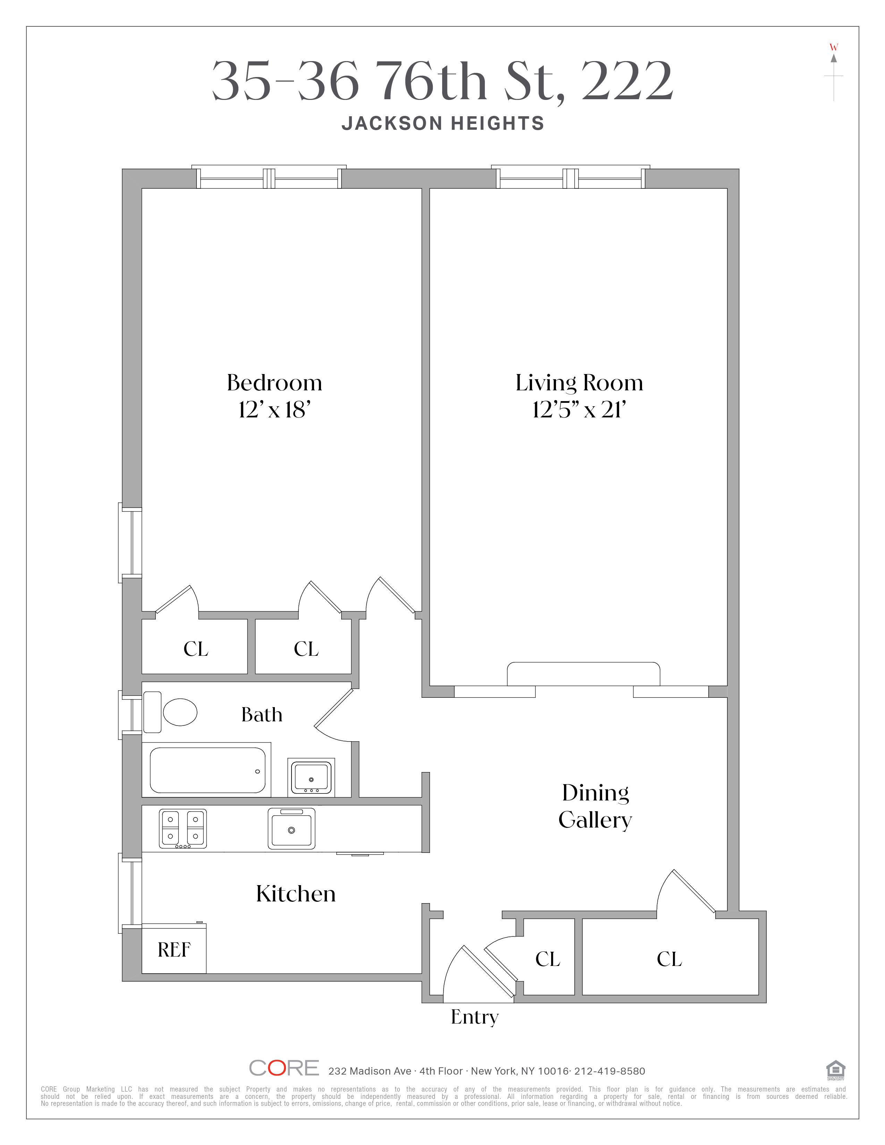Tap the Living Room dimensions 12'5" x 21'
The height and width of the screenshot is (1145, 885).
(579, 410)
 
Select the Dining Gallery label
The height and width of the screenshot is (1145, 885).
(595, 806)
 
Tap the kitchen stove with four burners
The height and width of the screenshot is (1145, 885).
(183, 828)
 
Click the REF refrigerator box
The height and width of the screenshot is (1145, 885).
(174, 949)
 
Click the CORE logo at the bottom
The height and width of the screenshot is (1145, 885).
(284, 1068)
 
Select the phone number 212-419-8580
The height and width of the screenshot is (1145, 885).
(610, 1071)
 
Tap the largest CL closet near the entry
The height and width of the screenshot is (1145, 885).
(669, 959)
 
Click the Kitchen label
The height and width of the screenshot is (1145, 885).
(296, 894)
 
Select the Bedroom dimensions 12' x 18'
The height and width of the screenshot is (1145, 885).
(274, 410)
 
